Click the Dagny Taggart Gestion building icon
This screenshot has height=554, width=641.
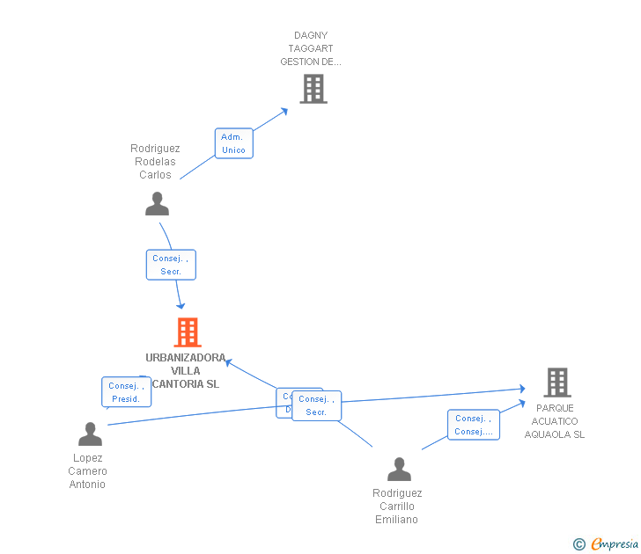313,89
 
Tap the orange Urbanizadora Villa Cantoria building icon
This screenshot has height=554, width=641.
188,332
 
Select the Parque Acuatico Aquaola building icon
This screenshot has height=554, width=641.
556,383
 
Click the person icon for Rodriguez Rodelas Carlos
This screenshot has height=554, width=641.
157,204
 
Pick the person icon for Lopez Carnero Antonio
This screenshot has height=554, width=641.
90,434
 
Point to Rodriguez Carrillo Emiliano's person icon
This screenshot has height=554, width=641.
399,470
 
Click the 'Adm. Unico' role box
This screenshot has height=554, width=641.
233,143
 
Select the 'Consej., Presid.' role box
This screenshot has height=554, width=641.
127,392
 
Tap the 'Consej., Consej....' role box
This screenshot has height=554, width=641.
473,425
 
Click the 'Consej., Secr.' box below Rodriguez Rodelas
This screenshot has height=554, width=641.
171,265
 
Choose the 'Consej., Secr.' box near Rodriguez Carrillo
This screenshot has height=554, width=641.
317,405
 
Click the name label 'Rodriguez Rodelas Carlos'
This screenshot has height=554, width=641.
155,162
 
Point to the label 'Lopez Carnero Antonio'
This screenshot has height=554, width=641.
88,471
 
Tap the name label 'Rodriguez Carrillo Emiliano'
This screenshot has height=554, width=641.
396,507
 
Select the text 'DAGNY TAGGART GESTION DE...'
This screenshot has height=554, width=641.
313,49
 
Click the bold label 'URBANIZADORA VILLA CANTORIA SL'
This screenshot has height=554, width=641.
185,371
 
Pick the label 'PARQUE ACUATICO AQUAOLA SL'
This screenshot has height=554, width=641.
555,421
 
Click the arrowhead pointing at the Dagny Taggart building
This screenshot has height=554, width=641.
284,111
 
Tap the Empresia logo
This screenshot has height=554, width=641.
614,544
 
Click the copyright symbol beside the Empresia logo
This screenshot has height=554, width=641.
578,544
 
